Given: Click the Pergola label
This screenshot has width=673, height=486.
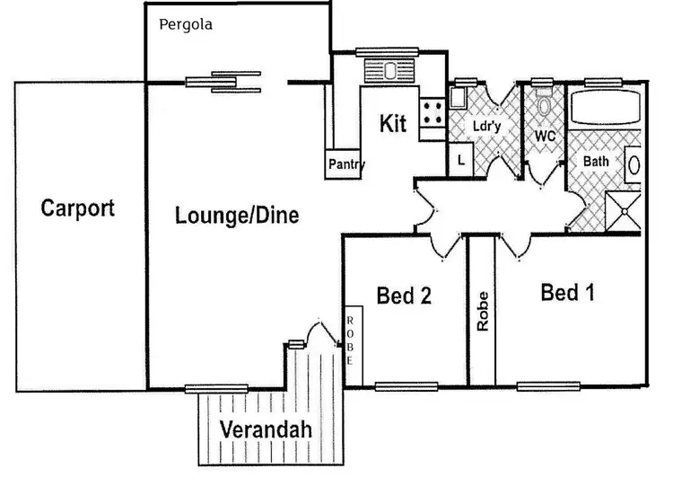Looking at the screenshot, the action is coord(185,24).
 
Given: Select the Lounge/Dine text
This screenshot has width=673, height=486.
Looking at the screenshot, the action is coord(237,216).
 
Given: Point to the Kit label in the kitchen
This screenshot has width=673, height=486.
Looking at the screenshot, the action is coord(393,124).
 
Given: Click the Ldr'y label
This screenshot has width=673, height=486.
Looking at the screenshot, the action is coord(485,128).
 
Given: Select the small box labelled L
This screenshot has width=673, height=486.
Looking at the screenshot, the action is coord(460,161).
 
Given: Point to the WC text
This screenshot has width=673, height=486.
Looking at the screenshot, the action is coord(545,136).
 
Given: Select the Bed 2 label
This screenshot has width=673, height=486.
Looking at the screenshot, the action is coord(404,296).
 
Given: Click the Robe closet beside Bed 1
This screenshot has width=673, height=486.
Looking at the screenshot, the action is coord(483,310).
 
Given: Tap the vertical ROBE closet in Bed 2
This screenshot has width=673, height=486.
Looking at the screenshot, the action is coord(351,340).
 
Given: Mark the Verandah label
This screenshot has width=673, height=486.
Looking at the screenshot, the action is coord(267,429).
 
